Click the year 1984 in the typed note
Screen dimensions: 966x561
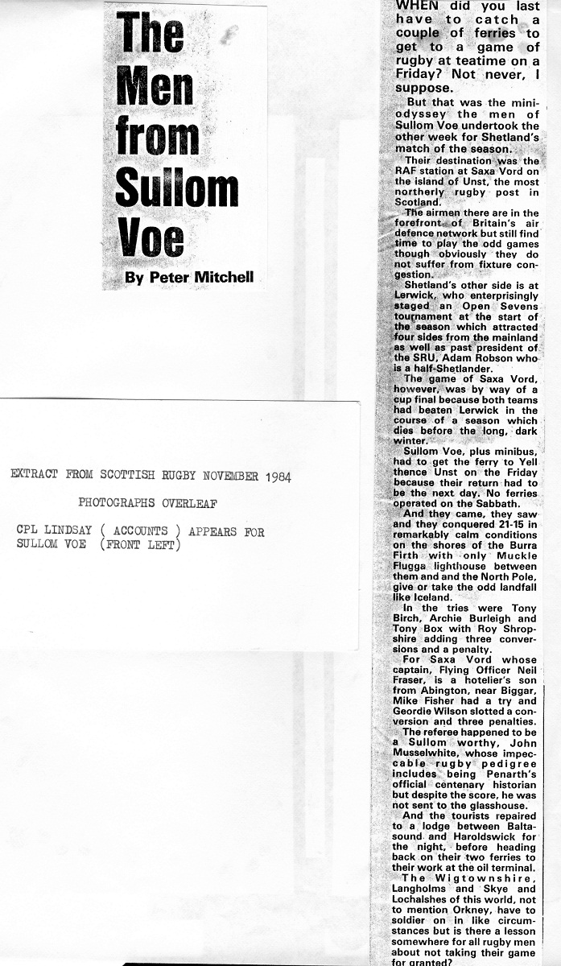coord(273,476)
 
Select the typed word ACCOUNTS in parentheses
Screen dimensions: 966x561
coord(141,532)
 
